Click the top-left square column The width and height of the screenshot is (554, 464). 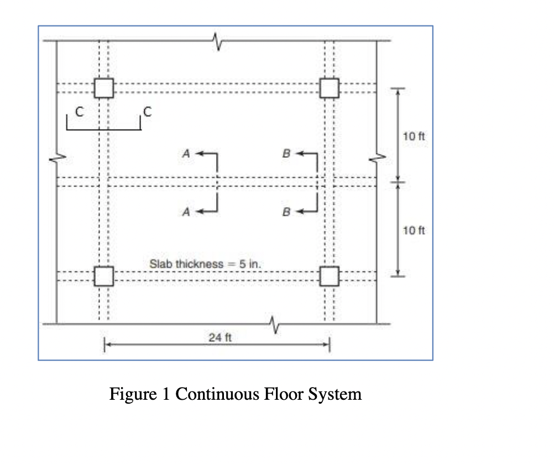103,87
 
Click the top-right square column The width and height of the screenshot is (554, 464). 329,87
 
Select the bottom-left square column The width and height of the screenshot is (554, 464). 103,276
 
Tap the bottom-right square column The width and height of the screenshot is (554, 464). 329,276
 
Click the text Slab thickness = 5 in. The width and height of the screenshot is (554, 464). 205,264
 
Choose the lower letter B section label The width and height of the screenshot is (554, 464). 286,211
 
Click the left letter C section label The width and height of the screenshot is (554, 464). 79,112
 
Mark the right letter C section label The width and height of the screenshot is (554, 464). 147,112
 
